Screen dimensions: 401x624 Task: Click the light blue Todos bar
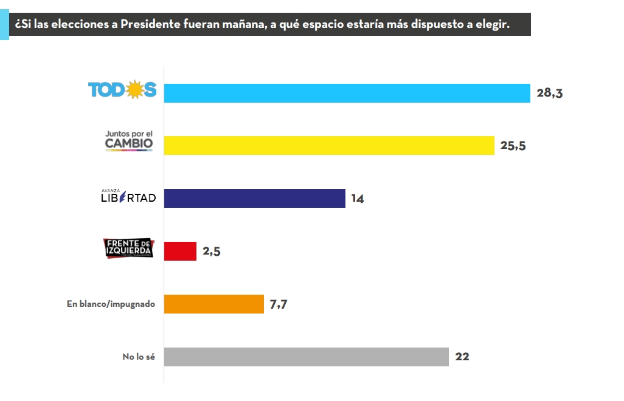347,93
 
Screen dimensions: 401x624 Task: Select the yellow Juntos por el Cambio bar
329,146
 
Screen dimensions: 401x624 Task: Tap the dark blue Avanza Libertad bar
255,199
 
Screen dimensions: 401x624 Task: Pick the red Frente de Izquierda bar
181,252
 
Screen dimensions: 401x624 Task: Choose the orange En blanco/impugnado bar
214,304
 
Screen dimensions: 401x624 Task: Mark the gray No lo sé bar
307,357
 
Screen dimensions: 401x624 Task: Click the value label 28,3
550,93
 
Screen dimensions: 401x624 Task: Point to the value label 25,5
513,146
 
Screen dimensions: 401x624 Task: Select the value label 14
357,199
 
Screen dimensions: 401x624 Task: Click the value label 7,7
278,304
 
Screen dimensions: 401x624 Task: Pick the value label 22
462,357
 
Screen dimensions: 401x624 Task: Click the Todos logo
122,90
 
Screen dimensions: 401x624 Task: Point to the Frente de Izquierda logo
129,248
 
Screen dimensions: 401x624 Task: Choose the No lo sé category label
139,357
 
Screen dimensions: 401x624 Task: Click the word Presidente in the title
149,25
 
